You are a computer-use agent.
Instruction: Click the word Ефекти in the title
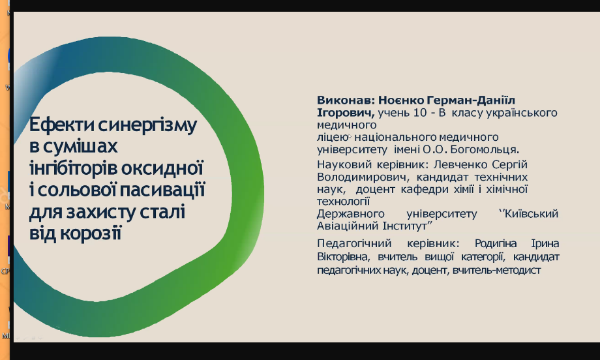tap(61, 125)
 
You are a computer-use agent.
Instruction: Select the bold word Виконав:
tap(346, 100)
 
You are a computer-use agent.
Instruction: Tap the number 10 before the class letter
tap(419, 113)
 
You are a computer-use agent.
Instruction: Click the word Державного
tap(350, 214)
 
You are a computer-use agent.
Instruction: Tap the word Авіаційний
tap(348, 226)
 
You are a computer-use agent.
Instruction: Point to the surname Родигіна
tap(496, 244)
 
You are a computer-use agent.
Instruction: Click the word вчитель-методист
tap(497, 270)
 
